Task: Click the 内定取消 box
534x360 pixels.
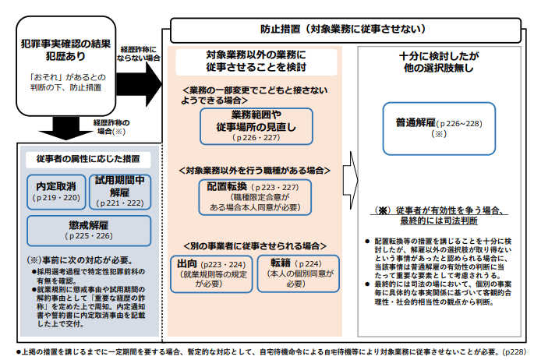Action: (x=56, y=192)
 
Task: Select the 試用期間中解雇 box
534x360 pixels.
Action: (x=119, y=192)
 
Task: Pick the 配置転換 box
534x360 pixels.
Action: (x=253, y=197)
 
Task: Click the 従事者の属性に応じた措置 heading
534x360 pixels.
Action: (x=88, y=158)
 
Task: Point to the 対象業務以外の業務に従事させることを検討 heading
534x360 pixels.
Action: (x=256, y=62)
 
